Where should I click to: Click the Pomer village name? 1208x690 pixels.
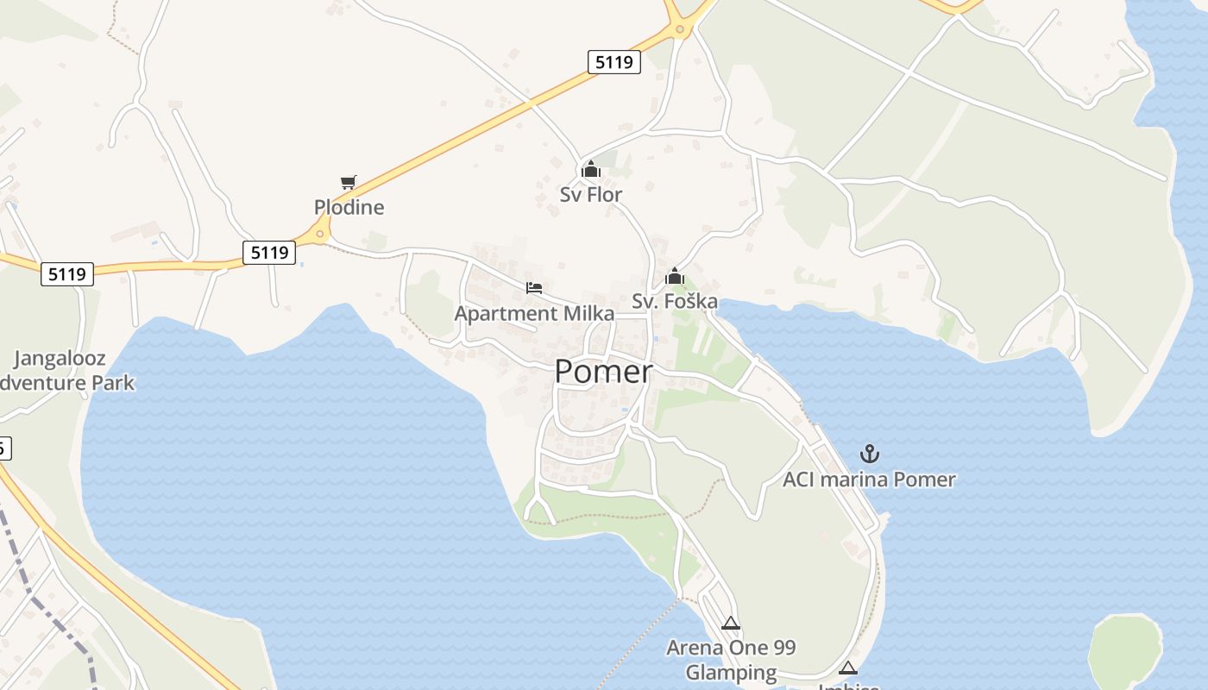603,372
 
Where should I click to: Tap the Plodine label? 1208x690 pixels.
349,208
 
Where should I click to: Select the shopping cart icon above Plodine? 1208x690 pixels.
348,182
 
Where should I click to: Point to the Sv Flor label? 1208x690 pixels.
591,195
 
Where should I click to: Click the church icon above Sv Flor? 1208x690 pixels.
591,169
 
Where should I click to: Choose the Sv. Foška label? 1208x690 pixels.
675,301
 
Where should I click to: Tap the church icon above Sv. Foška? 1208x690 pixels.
675,277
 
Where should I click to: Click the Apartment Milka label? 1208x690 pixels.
534,313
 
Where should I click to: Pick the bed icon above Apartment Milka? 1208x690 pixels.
534,287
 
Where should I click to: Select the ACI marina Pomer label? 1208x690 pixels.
869,480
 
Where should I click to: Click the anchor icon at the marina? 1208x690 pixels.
869,453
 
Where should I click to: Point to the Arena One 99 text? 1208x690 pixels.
731,647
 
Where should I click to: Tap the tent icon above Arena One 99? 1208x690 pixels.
731,623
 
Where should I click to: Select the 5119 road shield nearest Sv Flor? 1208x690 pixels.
614,62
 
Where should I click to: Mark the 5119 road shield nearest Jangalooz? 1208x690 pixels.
67,274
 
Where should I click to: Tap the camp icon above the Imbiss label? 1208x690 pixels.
848,668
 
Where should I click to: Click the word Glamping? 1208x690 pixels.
731,672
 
